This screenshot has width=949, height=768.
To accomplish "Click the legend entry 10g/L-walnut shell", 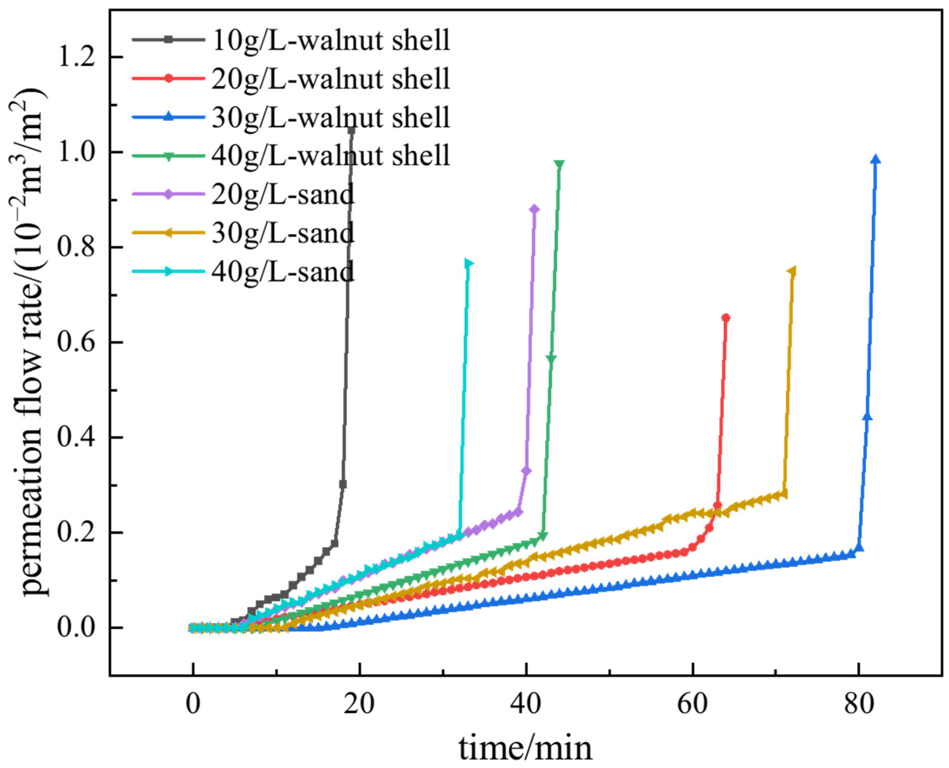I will [x=330, y=40].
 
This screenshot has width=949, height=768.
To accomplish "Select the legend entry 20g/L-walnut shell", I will [x=330, y=79].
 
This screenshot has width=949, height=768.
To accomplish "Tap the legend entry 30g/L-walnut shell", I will [x=330, y=117].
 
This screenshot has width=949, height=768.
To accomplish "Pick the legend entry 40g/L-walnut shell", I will [x=330, y=156].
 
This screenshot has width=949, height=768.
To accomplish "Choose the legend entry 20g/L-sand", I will [x=283, y=194].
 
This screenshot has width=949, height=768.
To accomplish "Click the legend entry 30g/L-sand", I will [x=283, y=233].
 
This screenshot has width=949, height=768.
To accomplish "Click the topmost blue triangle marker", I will [x=875, y=160].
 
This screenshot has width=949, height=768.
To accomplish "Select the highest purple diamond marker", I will [x=534, y=209].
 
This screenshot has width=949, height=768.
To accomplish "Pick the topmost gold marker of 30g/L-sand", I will [x=792, y=271].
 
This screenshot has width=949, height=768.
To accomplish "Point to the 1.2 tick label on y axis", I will [x=76, y=57].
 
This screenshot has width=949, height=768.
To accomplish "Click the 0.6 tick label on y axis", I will [x=76, y=342].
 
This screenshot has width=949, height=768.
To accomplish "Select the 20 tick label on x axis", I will [x=359, y=703].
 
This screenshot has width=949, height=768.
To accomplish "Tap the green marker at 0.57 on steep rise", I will [x=551, y=358].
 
